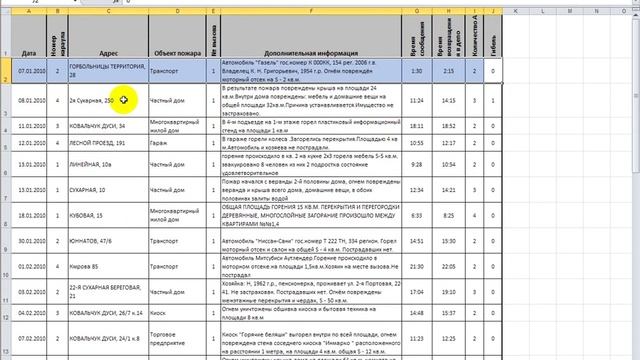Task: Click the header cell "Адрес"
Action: (109, 53)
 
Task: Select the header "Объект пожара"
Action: (176, 53)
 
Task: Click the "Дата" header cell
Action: (29, 53)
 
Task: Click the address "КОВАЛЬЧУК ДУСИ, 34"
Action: (97, 126)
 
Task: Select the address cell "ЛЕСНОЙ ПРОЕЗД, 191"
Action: (98, 143)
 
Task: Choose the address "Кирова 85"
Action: (84, 265)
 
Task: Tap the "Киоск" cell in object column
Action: (157, 314)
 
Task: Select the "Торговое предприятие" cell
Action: (164, 338)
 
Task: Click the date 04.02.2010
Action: (29, 314)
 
